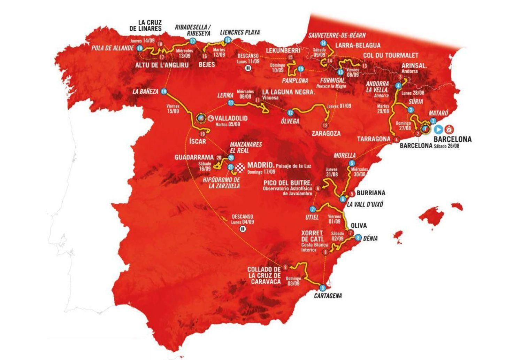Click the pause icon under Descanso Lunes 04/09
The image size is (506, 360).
(243, 229)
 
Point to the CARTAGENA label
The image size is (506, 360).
(328, 296)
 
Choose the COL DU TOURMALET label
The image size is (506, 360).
(391, 55)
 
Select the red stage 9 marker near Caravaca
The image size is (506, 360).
(286, 267)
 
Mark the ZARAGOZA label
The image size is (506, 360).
(326, 133)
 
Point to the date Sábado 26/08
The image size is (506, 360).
(446, 146)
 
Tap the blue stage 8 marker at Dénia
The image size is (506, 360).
(358, 238)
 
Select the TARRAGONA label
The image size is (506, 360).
(374, 139)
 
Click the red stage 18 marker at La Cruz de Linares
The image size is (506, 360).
(160, 44)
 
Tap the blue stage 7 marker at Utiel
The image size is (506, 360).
(313, 209)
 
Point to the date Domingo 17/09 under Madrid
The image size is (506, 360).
(261, 172)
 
